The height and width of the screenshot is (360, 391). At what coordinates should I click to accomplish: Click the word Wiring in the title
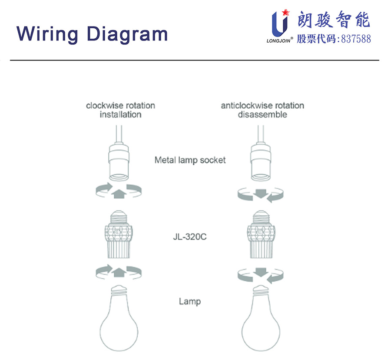(47, 33)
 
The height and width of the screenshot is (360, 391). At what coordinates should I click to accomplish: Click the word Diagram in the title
(126, 33)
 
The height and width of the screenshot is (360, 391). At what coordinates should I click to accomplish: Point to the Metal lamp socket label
(190, 160)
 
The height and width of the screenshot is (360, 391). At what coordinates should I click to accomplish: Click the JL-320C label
(190, 238)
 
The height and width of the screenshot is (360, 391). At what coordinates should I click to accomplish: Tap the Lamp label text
(190, 301)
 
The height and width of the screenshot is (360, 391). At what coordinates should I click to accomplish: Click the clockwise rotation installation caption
(120, 110)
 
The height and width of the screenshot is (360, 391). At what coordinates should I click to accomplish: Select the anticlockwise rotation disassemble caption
(262, 110)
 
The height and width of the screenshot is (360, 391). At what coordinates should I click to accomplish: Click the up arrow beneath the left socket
(118, 193)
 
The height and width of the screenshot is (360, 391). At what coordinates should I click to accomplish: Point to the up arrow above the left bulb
(118, 272)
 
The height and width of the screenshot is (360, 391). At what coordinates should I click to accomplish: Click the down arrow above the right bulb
(260, 273)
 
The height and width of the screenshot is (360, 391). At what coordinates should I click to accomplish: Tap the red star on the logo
(285, 12)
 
